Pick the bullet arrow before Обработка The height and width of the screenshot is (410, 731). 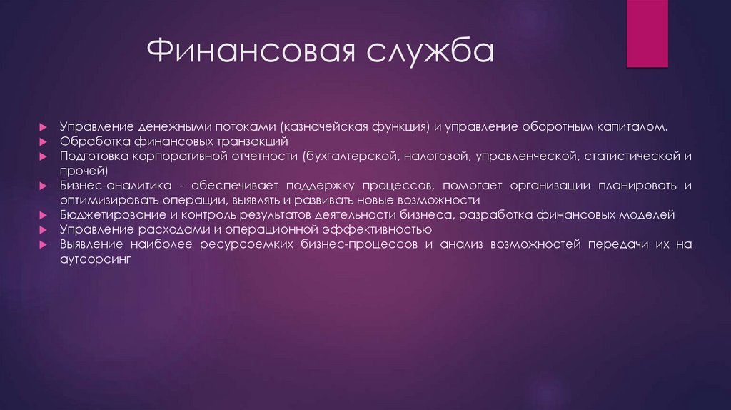click(x=44, y=141)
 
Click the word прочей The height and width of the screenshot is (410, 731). click(x=84, y=171)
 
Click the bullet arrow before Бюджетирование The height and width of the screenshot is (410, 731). click(x=44, y=216)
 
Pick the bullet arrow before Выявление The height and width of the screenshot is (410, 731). click(x=44, y=246)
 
